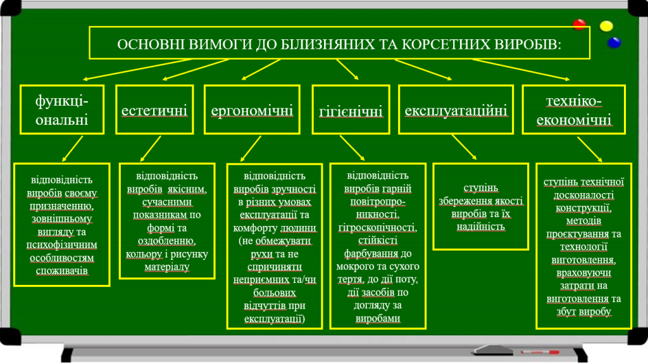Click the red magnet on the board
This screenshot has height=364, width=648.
tap(580, 25)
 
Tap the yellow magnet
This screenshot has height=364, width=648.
tap(606, 26)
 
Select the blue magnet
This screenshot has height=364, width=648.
tap(614, 42)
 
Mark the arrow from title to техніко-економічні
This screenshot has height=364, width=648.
tap(521, 70)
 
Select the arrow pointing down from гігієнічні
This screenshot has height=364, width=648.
tap(352, 148)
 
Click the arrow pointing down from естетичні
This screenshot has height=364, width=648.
tap(151, 149)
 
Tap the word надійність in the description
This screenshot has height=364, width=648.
tap(481, 227)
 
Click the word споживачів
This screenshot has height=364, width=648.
tap(61, 271)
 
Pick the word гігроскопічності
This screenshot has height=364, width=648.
tap(377, 227)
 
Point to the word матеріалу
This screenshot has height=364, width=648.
tap(167, 267)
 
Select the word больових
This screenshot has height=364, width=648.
tap(275, 293)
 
